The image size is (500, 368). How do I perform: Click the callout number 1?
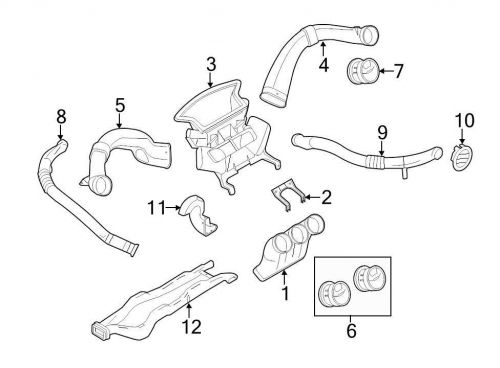click(284, 294)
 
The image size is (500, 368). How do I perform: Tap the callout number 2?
click(326, 196)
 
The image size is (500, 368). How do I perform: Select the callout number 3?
click(211, 66)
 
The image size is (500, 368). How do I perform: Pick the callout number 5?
click(119, 105)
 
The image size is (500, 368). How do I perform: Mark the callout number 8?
click(61, 118)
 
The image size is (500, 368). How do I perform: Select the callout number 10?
click(462, 121)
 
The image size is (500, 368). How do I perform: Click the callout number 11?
click(153, 207)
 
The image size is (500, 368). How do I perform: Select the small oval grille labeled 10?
click(461, 158)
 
